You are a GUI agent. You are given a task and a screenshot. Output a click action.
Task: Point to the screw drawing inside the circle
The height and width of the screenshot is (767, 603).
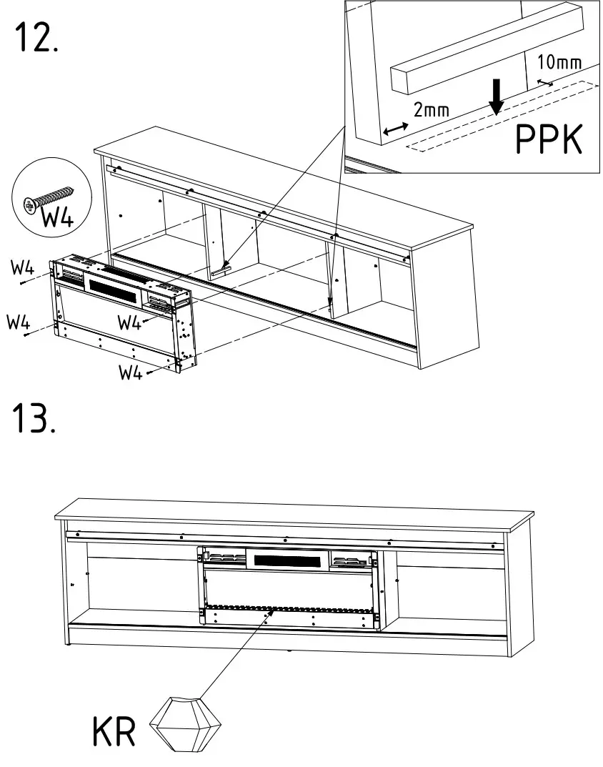click(x=49, y=197)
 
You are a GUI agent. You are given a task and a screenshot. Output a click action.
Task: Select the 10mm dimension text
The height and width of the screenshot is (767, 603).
click(x=558, y=62)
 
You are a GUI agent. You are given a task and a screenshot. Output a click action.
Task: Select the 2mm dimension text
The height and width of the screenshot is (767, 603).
click(x=432, y=109)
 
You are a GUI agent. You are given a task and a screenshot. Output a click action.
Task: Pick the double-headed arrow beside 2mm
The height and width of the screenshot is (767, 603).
click(x=395, y=129)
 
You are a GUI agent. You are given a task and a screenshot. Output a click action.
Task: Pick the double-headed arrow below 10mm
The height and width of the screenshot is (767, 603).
click(x=544, y=83)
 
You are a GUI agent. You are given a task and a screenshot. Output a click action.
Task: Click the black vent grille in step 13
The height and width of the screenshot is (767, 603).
click(x=286, y=560)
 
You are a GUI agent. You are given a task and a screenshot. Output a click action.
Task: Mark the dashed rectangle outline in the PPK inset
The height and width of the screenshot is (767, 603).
click(x=500, y=118)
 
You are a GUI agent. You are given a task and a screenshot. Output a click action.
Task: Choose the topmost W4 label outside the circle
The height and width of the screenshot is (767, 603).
click(x=22, y=268)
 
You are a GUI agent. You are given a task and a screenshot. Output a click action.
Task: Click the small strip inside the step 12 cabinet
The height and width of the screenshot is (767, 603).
click(x=221, y=269)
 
